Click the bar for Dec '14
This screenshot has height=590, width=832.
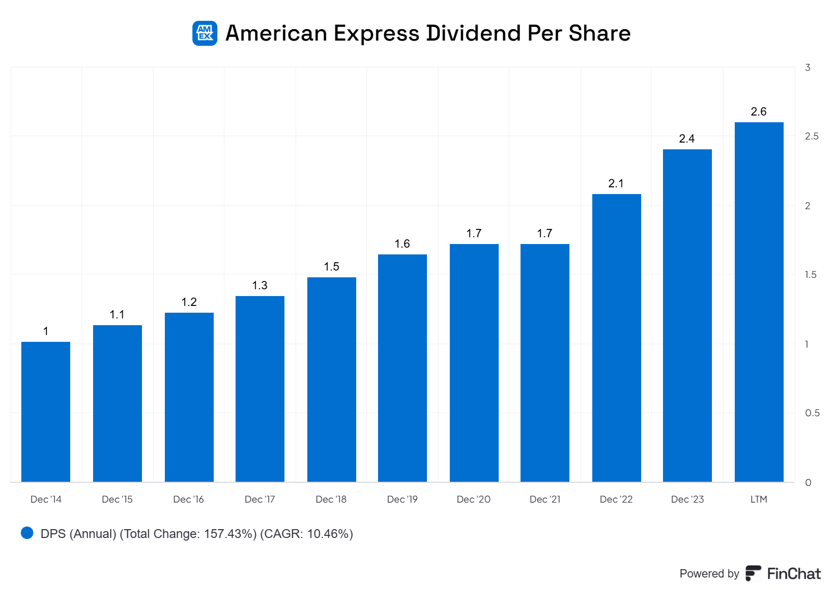point(46,412)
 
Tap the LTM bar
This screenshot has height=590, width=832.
point(759,302)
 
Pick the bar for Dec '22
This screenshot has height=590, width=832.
point(616,338)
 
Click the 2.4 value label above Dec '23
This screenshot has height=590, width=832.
point(687,139)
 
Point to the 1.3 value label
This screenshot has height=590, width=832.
point(259,286)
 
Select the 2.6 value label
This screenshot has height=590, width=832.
point(759,112)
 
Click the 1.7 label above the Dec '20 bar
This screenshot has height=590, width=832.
point(474,234)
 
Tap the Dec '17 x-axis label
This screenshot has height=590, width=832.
point(259,499)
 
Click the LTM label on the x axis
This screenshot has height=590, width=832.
point(759,499)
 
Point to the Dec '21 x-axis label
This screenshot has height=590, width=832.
point(545,499)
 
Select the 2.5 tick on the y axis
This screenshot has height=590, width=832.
point(811,136)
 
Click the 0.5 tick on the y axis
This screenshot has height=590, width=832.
point(812,413)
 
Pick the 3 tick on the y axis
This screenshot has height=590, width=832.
point(808,68)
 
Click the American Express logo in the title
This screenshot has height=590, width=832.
point(205,33)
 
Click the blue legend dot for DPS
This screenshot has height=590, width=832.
point(27,533)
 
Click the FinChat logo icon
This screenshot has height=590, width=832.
point(753,573)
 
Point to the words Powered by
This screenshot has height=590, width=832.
point(709,573)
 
